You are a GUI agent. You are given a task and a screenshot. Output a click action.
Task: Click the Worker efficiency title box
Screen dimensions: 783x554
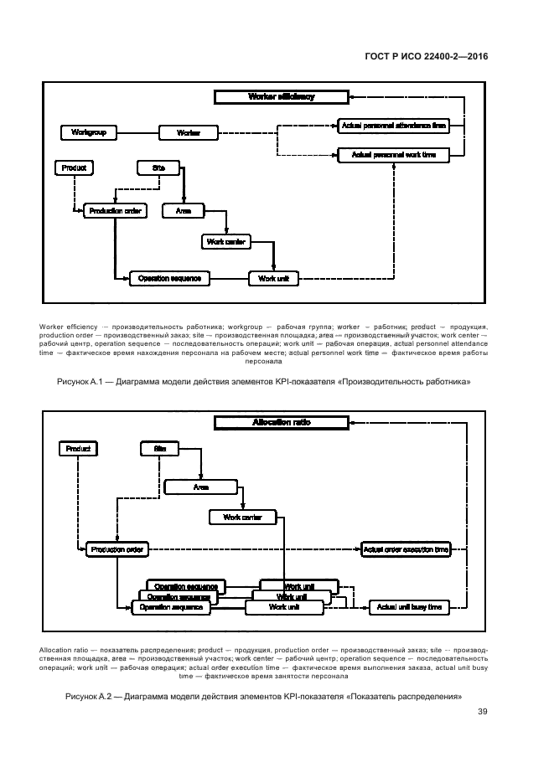[x=282, y=97]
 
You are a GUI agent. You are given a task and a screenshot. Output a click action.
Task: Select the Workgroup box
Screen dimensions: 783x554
[x=88, y=132]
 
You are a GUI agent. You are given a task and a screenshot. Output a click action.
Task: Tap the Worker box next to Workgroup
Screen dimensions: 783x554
[x=188, y=132]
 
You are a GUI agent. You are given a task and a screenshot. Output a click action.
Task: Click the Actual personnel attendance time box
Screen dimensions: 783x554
[x=393, y=126]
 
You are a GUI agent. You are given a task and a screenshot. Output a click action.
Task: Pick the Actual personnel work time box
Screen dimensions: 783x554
[x=393, y=155]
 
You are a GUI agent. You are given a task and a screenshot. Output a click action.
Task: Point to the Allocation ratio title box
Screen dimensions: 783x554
[x=282, y=423]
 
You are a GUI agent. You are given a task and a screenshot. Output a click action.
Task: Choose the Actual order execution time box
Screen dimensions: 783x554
[x=406, y=549]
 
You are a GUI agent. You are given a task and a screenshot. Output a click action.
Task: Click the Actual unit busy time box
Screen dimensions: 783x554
[x=409, y=607]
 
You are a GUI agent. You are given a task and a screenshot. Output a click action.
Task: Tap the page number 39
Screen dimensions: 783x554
[x=482, y=712]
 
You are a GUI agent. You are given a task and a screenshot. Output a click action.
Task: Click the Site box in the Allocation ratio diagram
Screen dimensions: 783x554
[x=160, y=449]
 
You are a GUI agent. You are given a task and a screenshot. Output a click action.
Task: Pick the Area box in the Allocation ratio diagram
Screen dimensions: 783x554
[x=201, y=486]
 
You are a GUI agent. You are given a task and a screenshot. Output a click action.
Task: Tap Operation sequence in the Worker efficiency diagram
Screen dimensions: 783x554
[x=168, y=278]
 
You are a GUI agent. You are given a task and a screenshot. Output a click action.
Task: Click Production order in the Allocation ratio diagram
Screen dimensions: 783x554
[x=117, y=549]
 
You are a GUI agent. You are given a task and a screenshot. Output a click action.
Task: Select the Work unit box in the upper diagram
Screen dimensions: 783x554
[x=273, y=278]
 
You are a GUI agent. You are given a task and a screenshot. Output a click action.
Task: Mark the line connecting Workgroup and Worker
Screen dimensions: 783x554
[x=137, y=132]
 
